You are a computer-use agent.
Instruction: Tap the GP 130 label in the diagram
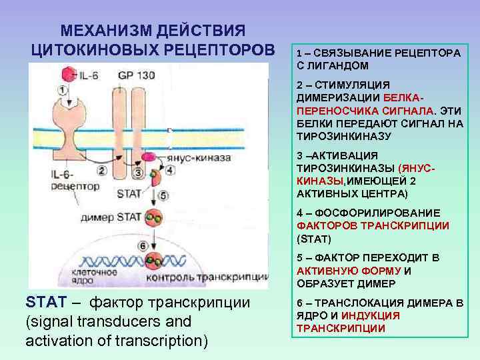coord(137,75)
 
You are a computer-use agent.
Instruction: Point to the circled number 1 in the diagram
coord(62,89)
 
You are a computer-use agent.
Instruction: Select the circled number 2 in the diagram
coord(102,171)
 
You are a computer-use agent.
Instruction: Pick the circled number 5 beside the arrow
coord(165,196)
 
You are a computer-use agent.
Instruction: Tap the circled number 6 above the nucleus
coord(143,245)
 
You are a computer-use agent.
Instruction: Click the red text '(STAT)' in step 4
coord(313,238)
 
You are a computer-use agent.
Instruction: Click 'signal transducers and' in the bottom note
coord(108,322)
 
